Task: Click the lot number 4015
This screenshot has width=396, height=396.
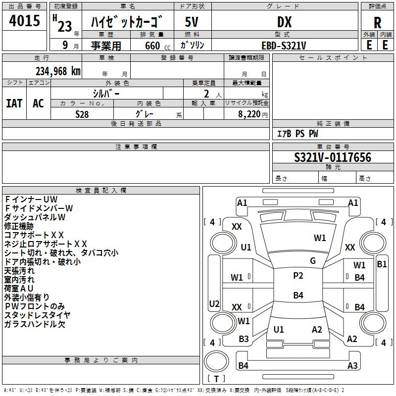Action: tap(24, 20)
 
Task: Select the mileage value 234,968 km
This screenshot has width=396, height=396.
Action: tap(58, 71)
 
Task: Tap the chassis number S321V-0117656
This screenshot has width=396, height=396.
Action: tap(333, 157)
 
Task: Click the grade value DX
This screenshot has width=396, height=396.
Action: tap(284, 22)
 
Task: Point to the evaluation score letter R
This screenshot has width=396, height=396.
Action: tap(377, 23)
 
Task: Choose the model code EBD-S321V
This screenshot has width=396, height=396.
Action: tap(284, 46)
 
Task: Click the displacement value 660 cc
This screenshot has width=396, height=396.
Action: tap(157, 46)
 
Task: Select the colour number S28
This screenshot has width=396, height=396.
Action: tap(82, 114)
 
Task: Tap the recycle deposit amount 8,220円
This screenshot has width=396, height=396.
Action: tap(253, 114)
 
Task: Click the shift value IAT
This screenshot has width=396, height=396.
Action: tap(14, 103)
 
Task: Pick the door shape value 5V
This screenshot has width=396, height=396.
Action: tap(192, 22)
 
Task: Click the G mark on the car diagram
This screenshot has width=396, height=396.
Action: tap(313, 260)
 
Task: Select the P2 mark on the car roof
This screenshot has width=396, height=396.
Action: tap(298, 275)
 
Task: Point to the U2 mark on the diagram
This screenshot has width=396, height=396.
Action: tap(214, 303)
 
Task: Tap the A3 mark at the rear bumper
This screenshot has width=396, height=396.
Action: tap(352, 365)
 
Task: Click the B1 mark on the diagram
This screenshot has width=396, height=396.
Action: tap(382, 264)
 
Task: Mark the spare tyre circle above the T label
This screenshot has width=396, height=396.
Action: tap(216, 361)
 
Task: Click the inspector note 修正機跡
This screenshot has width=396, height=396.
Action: tap(19, 226)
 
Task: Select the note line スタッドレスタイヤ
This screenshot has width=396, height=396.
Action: tap(38, 315)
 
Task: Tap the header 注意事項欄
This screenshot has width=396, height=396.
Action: tap(136, 147)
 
